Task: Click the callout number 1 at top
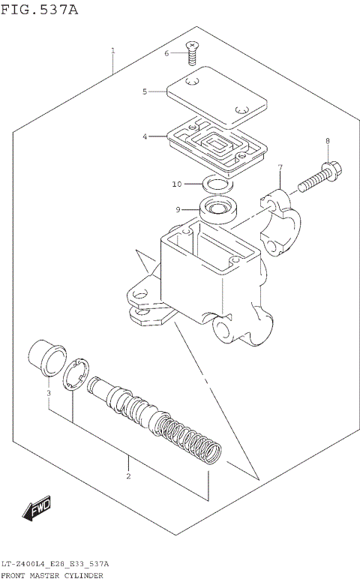[112, 51]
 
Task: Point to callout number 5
[145, 91]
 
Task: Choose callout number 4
[145, 136]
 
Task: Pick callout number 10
[177, 184]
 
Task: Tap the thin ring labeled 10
[217, 184]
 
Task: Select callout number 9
[178, 209]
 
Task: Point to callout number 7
[279, 166]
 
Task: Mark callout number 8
[327, 141]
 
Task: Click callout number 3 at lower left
[48, 392]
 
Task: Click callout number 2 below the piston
[128, 476]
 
